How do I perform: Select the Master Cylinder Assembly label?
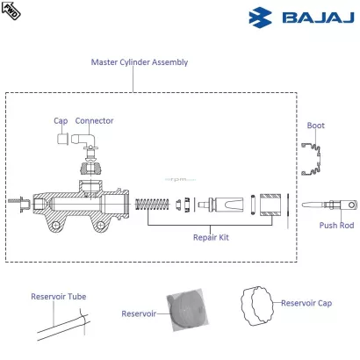pos(140,62)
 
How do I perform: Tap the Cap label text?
pos(60,121)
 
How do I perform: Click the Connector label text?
pos(94,121)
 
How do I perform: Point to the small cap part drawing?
pos(61,140)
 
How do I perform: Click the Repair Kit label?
pos(211,237)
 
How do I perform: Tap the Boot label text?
pos(315,126)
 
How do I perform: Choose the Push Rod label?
pos(335,226)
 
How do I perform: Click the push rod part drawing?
pos(332,205)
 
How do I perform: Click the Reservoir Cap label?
pos(308,304)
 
